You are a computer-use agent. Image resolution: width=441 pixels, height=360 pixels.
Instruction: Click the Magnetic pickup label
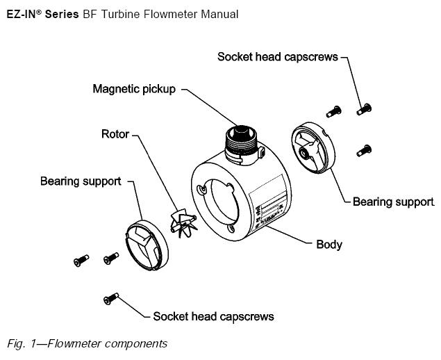135,90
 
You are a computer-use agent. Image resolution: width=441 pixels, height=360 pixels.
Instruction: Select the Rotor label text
115,133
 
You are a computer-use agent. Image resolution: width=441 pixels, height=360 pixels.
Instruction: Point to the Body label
329,245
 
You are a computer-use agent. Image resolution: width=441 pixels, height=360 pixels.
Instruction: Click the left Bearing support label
81,181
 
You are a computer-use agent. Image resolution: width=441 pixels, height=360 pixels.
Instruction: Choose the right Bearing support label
393,202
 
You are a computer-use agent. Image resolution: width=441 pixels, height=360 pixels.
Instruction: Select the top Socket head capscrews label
278,56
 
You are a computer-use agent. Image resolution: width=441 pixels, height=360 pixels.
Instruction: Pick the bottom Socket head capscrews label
213,316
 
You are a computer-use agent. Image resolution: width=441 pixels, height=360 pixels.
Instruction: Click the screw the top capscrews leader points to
363,108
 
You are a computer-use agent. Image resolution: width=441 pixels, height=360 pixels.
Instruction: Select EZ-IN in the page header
24,14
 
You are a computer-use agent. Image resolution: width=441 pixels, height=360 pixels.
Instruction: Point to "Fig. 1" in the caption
20,343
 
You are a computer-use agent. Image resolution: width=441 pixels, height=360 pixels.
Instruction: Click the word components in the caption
136,343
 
